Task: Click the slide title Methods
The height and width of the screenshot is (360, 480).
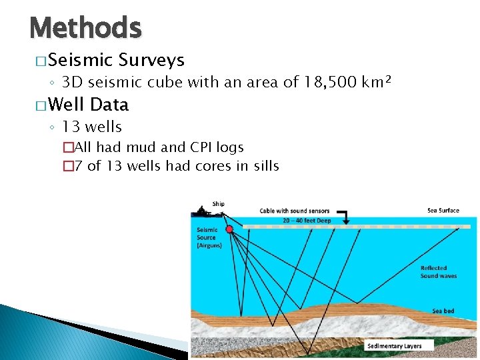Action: (85, 28)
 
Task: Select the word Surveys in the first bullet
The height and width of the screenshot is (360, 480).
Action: (151, 61)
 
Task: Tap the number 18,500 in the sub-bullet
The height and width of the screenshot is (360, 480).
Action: (323, 83)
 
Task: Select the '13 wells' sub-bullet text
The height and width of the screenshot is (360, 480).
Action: (92, 127)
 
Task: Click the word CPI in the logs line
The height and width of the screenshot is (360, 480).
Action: (191, 147)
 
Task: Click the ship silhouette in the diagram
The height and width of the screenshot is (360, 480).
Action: (202, 213)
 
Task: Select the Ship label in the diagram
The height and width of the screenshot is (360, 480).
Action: (219, 204)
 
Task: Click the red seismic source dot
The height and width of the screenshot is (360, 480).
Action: (229, 229)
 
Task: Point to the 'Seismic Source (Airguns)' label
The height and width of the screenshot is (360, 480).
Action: (207, 238)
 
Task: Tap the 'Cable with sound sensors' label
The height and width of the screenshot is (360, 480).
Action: (295, 211)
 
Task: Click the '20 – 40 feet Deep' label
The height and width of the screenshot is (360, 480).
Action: (307, 219)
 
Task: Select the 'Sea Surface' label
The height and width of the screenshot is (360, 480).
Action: (443, 211)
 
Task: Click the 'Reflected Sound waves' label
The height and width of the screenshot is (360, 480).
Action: (438, 271)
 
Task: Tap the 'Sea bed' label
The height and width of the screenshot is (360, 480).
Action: (443, 311)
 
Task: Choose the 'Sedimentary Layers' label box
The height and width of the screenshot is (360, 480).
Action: (399, 346)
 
